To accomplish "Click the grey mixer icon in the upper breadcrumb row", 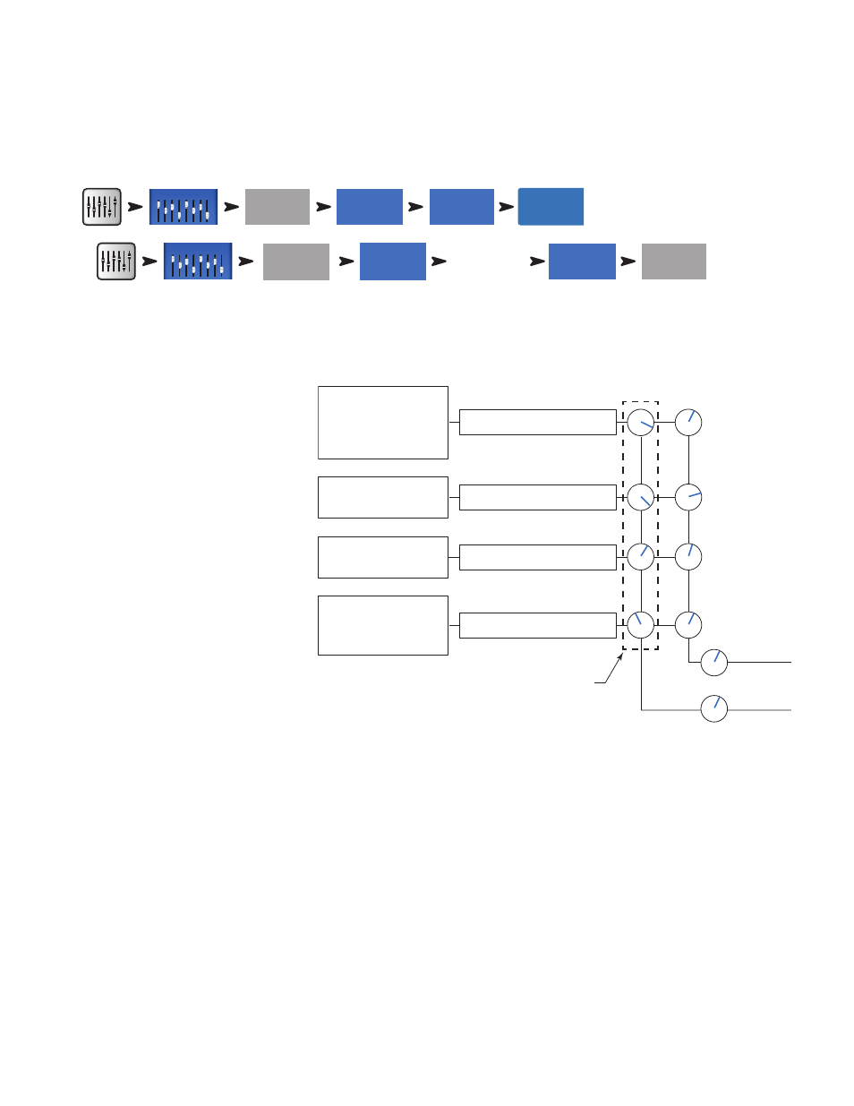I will click(102, 207).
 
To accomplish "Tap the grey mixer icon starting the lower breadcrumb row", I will click(116, 261).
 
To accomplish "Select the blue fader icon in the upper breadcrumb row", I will click(184, 207).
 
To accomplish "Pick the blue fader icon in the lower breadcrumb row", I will click(198, 261).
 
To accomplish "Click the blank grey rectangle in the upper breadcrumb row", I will click(278, 207).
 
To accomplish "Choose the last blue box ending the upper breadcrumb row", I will click(551, 207).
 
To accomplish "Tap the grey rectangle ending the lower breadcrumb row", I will click(674, 261).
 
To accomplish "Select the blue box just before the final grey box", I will click(582, 261).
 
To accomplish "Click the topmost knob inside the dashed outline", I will click(641, 423).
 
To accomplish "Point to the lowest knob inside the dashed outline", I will click(641, 625).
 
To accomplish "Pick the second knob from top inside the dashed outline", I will click(641, 497).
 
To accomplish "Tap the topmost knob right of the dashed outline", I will click(688, 423).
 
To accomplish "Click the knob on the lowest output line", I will click(714, 708).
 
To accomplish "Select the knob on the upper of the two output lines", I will click(714, 663).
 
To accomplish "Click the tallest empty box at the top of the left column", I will click(383, 423).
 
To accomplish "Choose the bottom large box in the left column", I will click(383, 625).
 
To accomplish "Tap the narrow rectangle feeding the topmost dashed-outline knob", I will click(537, 422).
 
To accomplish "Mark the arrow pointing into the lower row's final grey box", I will click(628, 261).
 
